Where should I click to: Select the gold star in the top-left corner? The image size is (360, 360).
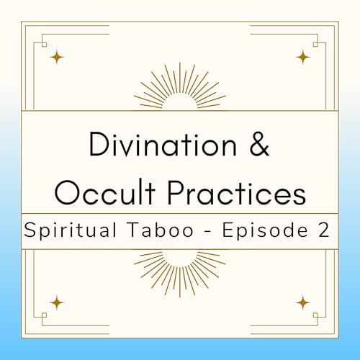pyautogui.click(x=56, y=56)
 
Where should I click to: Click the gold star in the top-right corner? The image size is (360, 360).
pyautogui.click(x=303, y=56)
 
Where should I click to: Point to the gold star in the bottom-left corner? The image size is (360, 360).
pyautogui.click(x=56, y=301)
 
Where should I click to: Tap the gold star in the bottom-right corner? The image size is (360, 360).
pyautogui.click(x=303, y=301)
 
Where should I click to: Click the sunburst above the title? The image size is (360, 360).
pyautogui.click(x=179, y=90)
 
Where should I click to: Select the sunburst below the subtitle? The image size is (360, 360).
pyautogui.click(x=179, y=269)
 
